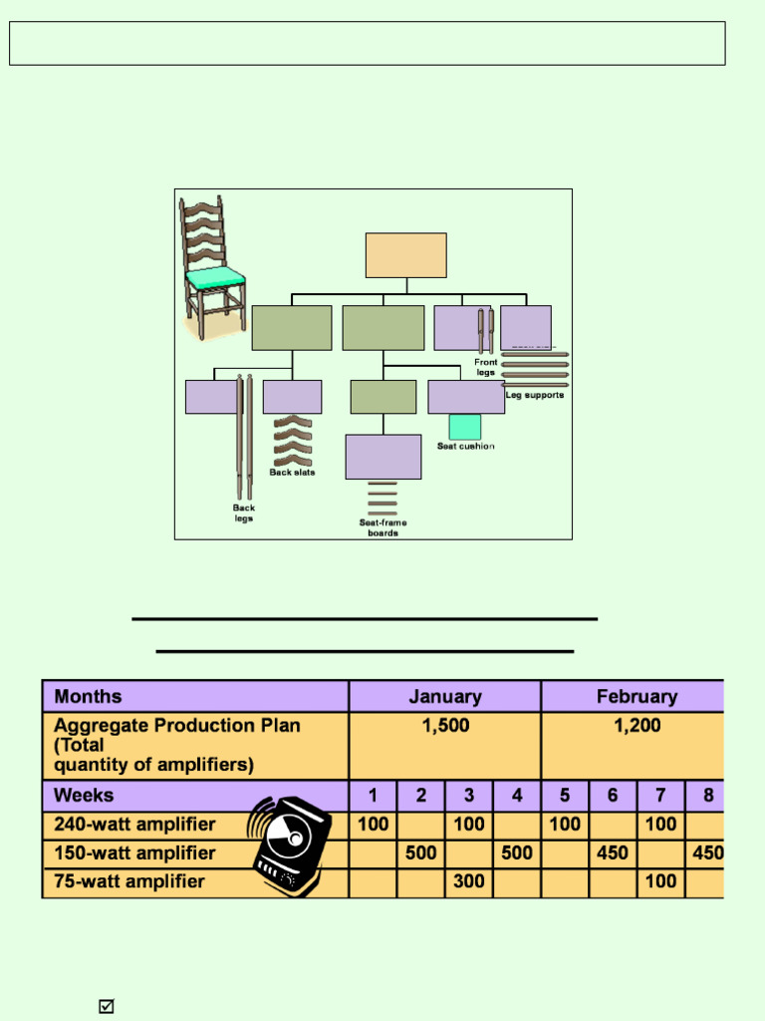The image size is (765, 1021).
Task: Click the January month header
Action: (x=444, y=697)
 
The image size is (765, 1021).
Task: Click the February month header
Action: (x=637, y=697)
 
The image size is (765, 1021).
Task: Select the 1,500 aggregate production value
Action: (x=445, y=726)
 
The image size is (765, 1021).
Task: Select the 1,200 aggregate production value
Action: (x=637, y=726)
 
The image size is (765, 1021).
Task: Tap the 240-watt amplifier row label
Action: (x=134, y=825)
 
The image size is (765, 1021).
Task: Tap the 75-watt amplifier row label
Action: (x=129, y=881)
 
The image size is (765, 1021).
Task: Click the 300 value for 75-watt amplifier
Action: (x=468, y=881)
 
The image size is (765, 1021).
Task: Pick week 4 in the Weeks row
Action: (x=517, y=796)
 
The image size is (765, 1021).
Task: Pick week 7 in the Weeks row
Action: (x=660, y=796)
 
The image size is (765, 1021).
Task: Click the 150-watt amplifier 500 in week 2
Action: (x=420, y=853)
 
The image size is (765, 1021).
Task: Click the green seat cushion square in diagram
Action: (x=465, y=427)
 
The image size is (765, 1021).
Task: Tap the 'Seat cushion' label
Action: (x=465, y=447)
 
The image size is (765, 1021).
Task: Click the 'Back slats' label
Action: (x=292, y=473)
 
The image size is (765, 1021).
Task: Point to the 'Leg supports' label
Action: (x=535, y=395)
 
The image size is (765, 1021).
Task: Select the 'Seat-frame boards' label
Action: (x=382, y=527)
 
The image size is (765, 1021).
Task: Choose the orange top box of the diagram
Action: (x=405, y=255)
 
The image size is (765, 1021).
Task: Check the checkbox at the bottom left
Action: (x=107, y=1006)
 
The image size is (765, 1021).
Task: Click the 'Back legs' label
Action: (x=244, y=512)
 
